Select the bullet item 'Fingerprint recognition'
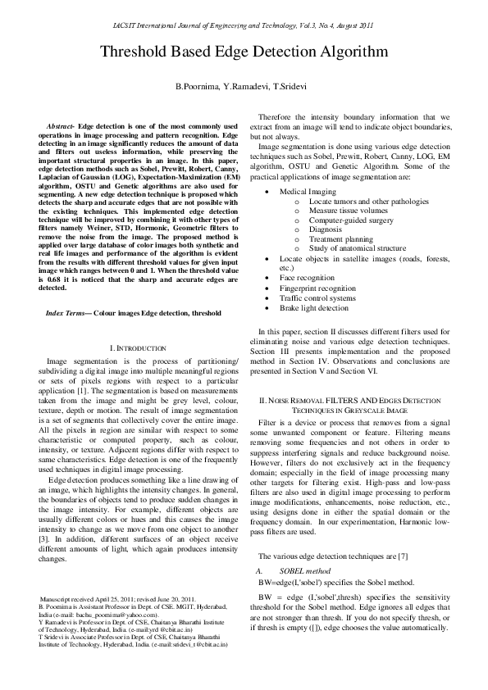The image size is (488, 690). (x=317, y=288)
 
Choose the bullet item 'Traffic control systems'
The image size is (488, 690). (x=317, y=298)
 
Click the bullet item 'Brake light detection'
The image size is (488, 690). (x=314, y=308)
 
